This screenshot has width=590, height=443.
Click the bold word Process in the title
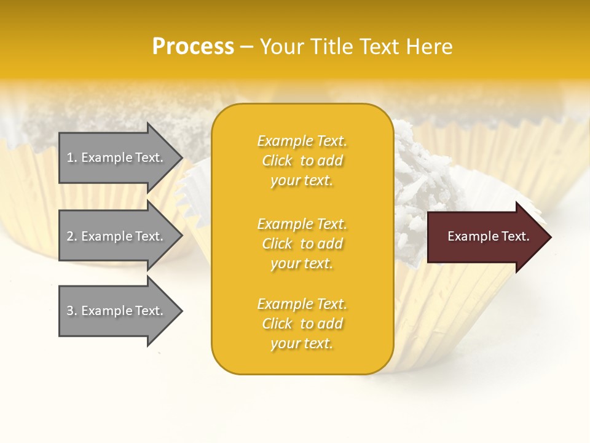click(193, 47)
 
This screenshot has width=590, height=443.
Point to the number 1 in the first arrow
click(70, 158)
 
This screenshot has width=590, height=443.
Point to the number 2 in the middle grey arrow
click(70, 236)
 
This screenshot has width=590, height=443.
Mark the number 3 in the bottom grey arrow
click(70, 311)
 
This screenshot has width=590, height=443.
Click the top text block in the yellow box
click(302, 161)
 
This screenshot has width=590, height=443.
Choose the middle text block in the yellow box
click(302, 244)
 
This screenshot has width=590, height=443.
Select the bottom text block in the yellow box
click(302, 324)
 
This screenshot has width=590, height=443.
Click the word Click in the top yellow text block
click(277, 161)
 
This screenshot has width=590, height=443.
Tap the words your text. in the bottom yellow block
click(302, 343)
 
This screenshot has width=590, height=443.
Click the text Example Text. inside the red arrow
click(488, 236)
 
